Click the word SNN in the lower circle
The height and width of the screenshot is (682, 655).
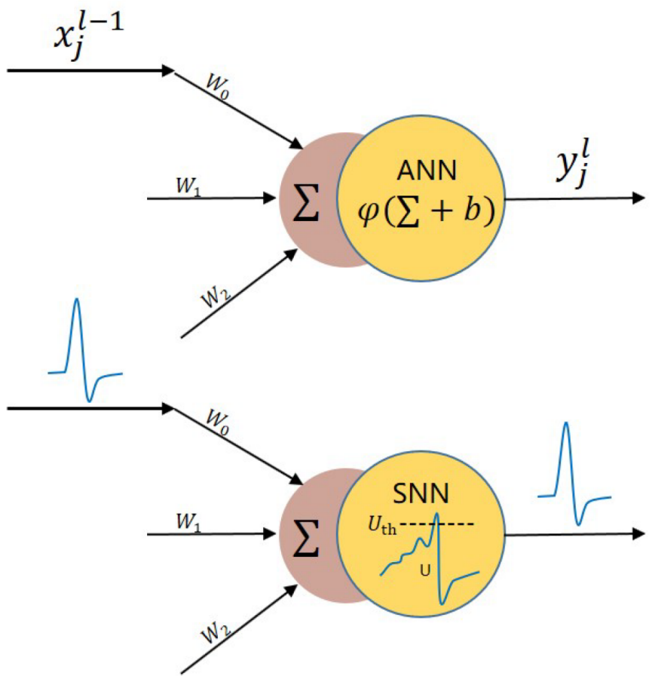(x=421, y=495)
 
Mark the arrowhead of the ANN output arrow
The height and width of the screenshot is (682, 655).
(x=639, y=198)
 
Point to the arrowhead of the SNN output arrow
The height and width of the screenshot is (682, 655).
(x=639, y=533)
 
